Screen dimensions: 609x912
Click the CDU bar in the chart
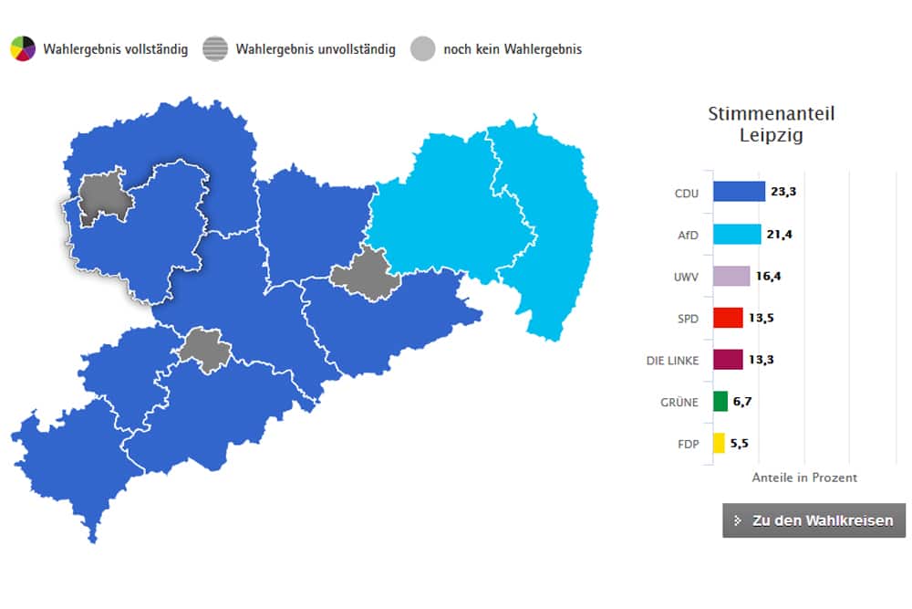739,192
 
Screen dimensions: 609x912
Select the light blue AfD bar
737,234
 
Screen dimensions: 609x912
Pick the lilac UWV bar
731,276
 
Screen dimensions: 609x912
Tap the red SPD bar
728,318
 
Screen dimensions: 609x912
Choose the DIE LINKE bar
728,360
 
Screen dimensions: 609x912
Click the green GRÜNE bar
720,402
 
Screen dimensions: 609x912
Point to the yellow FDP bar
719,444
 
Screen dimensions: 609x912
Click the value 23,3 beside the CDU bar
783,192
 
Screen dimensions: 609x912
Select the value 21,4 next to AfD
779,234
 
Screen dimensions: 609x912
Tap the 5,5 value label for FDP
740,444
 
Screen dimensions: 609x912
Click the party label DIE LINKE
672,361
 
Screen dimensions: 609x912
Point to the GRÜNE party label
679,403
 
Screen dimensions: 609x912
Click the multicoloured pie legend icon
23,48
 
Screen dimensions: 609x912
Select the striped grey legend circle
215,48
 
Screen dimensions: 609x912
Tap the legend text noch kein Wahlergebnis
513,49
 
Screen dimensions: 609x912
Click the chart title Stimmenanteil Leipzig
772,125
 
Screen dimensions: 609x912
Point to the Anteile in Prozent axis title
804,478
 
